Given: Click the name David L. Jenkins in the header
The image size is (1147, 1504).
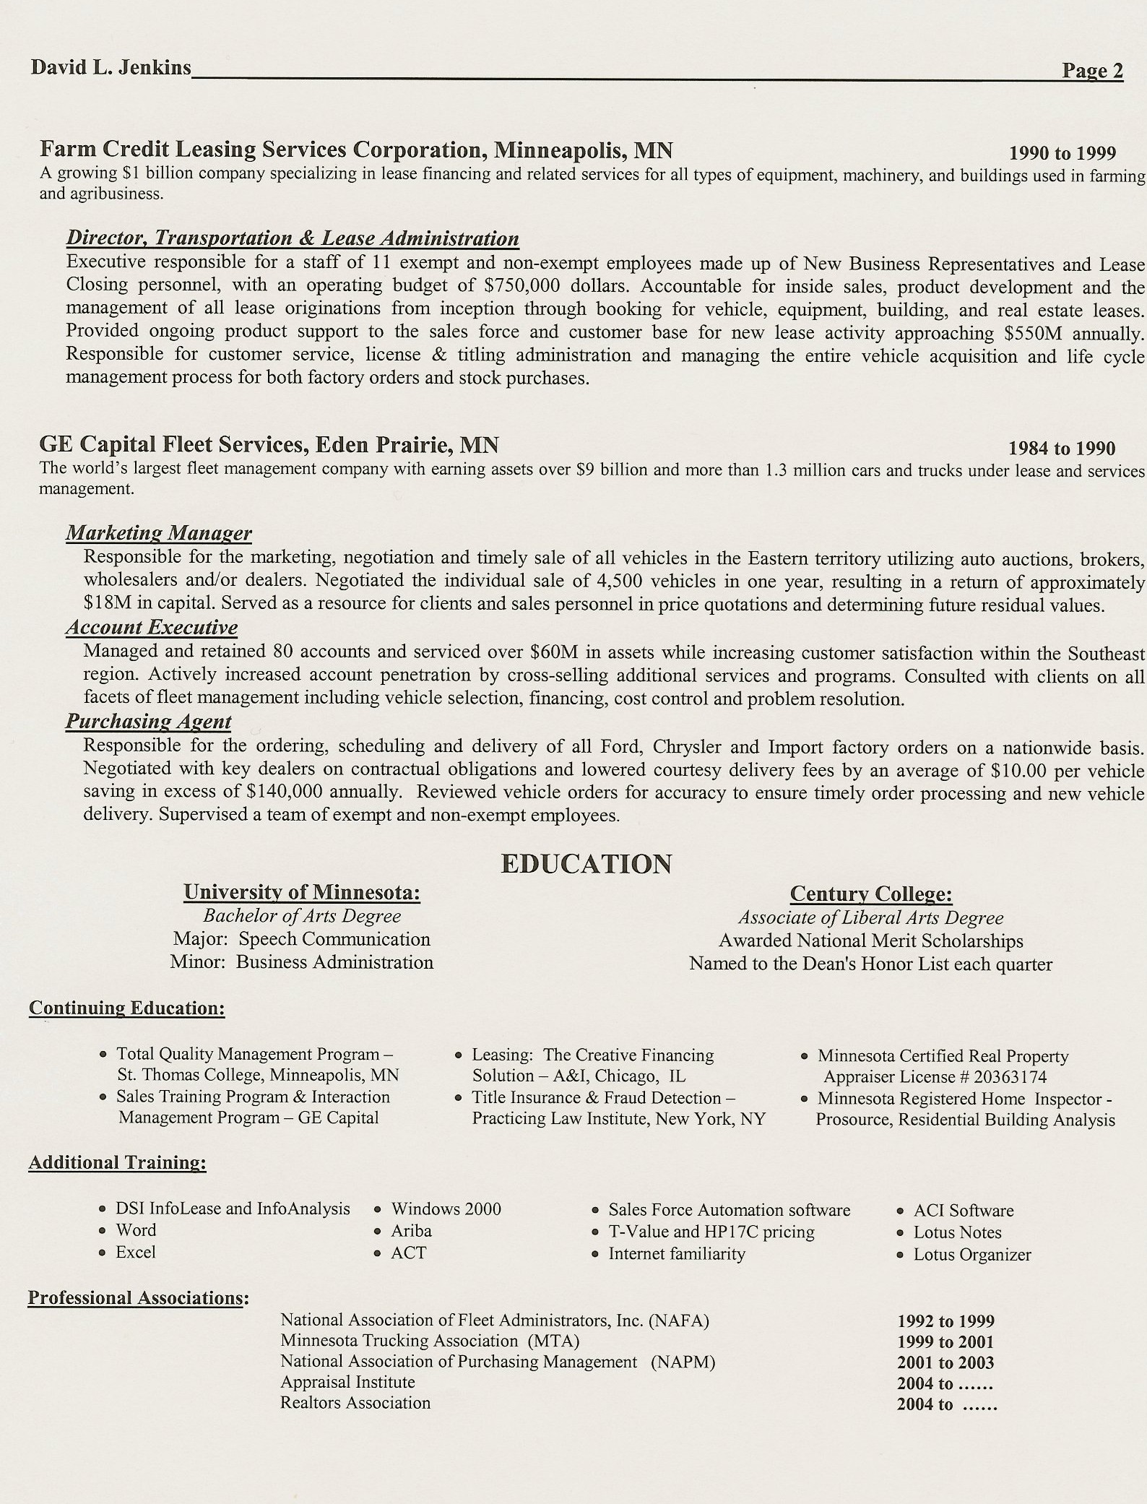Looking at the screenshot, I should coord(111,68).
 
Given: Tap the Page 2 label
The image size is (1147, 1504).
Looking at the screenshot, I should coord(1092,71).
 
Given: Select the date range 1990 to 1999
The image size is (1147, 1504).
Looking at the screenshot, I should coord(1062,153).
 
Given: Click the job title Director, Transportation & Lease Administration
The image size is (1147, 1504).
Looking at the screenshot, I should coord(293,238).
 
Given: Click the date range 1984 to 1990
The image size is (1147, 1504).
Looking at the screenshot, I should coord(1062,449).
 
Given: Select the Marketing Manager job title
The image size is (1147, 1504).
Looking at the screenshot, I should coord(159,533).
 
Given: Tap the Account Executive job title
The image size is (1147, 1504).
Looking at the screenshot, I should coord(152,627).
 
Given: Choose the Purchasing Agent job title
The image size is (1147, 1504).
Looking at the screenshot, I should coord(149,721).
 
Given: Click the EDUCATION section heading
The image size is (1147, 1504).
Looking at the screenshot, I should coord(586,864).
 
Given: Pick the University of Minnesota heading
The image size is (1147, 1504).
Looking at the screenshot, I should coord(302,893).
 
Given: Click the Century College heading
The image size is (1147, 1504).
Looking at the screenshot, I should coord(870,894).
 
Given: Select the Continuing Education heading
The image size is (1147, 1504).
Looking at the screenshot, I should coord(127,1008).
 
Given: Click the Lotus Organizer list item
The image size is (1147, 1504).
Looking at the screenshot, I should coord(971,1255).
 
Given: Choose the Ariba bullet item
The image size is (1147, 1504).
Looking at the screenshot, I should coord(411,1230).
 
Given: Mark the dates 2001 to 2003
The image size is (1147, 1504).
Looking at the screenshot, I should coord(945,1363).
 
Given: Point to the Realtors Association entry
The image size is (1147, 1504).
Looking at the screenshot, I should coord(355,1403).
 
